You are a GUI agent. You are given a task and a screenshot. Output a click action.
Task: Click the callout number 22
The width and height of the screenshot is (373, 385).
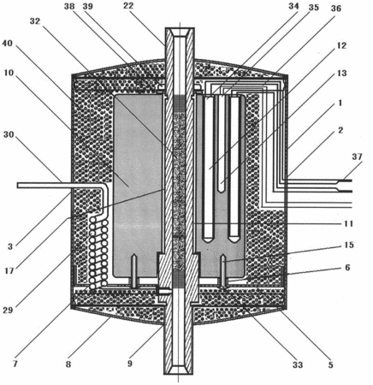[x=128, y=6]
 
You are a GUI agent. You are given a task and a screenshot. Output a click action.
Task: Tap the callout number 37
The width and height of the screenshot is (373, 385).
[x=357, y=157]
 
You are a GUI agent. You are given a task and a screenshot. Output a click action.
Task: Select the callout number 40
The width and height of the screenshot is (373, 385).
[x=8, y=44]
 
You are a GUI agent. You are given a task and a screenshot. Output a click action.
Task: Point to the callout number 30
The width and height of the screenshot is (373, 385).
[x=9, y=134]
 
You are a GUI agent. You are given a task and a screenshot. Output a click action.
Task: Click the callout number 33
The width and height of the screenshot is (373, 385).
[x=297, y=364]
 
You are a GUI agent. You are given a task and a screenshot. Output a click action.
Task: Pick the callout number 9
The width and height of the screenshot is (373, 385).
[x=130, y=364]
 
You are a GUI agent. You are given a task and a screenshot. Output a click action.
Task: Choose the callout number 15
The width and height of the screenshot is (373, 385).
[x=348, y=245]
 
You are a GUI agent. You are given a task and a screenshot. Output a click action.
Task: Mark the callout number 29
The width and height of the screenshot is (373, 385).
[x=8, y=310]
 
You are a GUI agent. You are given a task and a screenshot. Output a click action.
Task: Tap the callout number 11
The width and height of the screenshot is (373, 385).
[x=348, y=223]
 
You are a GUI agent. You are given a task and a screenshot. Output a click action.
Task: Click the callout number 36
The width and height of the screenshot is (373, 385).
[x=336, y=9]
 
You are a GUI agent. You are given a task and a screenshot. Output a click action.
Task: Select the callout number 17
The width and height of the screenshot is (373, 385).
[x=9, y=270]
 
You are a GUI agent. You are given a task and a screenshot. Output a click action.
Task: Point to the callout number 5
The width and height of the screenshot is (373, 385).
[x=330, y=364]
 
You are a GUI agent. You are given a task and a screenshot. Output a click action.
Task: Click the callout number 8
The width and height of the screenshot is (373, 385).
[x=68, y=364]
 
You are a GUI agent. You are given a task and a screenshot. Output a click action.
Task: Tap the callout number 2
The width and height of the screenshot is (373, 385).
[x=340, y=130]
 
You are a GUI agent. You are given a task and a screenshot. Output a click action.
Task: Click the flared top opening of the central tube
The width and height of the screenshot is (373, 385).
[x=180, y=33]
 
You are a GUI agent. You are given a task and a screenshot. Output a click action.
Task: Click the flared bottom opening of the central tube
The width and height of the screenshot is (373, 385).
[x=178, y=370]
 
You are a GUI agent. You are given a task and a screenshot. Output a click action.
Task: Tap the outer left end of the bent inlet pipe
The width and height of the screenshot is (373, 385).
[x=18, y=186]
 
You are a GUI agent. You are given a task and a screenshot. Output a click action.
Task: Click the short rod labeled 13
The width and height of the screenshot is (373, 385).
[x=221, y=144]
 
